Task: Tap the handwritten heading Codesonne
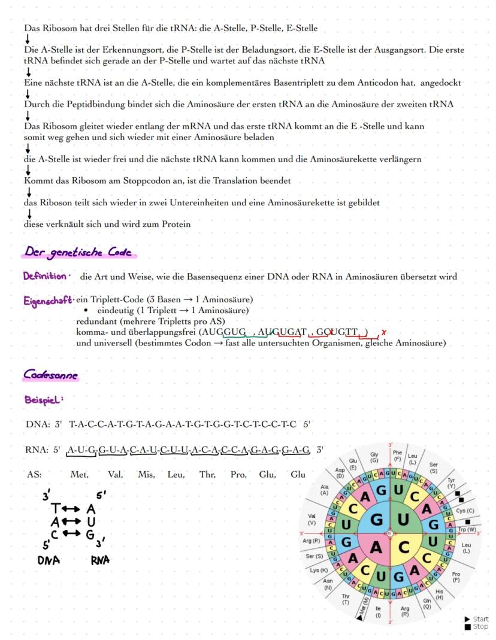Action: [x=50, y=375]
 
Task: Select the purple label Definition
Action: [x=46, y=276]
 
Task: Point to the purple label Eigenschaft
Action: [x=48, y=299]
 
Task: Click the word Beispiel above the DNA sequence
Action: [x=43, y=399]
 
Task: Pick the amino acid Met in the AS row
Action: [x=79, y=475]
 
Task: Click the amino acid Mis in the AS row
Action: [x=146, y=475]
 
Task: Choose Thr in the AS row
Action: [x=207, y=475]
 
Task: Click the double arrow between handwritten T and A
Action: [x=72, y=508]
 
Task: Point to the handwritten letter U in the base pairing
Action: [x=91, y=521]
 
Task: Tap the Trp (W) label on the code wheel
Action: [x=467, y=529]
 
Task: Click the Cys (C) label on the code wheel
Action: [x=465, y=511]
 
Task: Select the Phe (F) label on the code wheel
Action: [x=398, y=456]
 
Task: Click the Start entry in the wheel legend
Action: [x=480, y=619]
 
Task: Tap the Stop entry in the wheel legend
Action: [x=480, y=626]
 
